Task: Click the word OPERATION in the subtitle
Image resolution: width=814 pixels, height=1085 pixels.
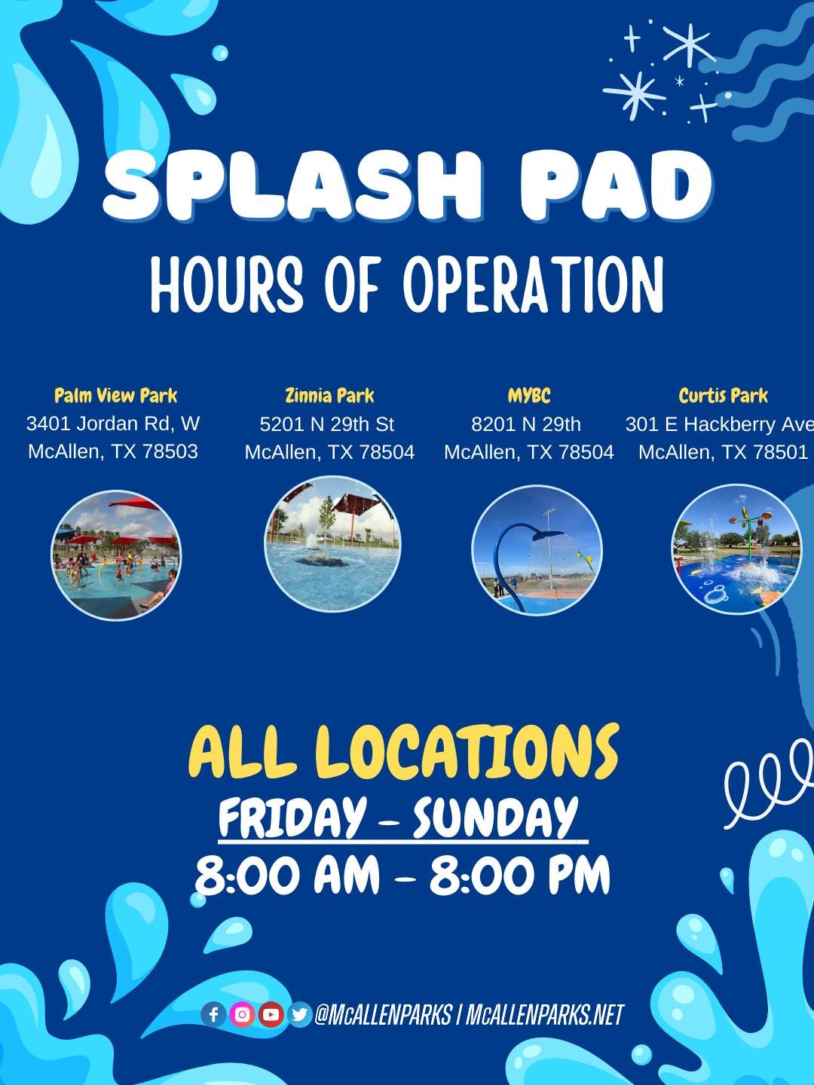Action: [534, 284]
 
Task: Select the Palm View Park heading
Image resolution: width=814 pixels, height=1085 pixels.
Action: [116, 396]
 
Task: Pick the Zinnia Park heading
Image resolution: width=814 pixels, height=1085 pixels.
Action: [329, 396]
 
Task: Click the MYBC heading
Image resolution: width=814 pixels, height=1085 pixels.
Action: [529, 396]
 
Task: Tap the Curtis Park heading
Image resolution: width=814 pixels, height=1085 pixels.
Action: [723, 396]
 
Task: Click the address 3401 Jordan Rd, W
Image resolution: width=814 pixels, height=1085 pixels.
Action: [113, 423]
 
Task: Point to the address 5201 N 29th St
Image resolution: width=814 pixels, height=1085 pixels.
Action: [327, 424]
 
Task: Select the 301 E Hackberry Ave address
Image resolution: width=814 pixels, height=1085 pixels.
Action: [719, 424]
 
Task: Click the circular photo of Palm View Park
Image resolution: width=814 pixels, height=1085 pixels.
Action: [116, 555]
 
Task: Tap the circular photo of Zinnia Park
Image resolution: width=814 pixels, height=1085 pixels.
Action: [332, 543]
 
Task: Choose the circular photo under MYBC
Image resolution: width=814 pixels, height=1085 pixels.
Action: [537, 550]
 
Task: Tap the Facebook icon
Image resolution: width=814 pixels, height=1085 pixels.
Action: [213, 1015]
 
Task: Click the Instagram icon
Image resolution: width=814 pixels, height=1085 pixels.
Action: [242, 1015]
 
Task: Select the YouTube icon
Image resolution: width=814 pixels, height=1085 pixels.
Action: [271, 1015]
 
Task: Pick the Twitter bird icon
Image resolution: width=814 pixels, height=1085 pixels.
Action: [299, 1015]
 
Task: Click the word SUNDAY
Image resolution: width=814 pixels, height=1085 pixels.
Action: [494, 817]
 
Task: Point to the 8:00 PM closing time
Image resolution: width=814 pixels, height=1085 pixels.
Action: [519, 876]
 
